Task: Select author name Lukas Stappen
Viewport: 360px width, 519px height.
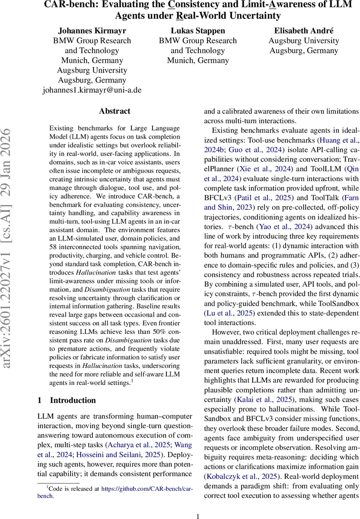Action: [x=198, y=31]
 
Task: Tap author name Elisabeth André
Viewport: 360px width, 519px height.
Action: [x=304, y=31]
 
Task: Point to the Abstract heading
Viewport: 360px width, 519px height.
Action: [x=115, y=111]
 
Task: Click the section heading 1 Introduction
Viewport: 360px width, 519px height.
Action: [x=67, y=400]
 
